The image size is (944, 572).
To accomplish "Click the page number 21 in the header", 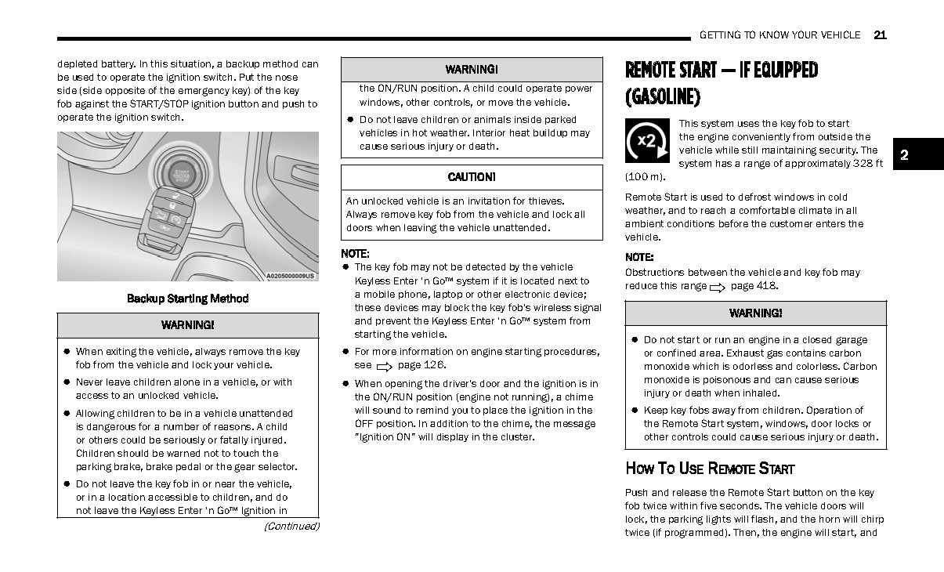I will point(879,35).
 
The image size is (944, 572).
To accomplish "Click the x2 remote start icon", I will point(647,140).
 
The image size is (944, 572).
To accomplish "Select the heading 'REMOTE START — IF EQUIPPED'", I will point(721,71).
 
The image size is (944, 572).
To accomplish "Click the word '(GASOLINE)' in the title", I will point(662,97).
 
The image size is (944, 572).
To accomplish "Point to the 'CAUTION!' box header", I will point(472,178).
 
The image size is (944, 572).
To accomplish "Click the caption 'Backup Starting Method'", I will point(187,299).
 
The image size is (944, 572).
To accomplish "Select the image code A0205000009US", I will point(290,276).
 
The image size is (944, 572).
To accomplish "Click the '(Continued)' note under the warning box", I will point(291,527).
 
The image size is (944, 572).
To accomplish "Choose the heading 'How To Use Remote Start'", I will point(710,469).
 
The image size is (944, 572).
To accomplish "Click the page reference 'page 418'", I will point(754,286).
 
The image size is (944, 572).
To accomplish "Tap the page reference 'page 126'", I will point(421,365).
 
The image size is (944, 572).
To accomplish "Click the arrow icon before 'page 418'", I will point(717,288).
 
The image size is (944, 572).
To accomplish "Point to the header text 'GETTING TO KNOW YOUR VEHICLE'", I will point(779,35).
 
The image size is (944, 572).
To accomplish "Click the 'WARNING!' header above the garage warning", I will point(755,313).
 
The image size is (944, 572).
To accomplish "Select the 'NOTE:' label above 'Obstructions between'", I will point(639,257).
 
